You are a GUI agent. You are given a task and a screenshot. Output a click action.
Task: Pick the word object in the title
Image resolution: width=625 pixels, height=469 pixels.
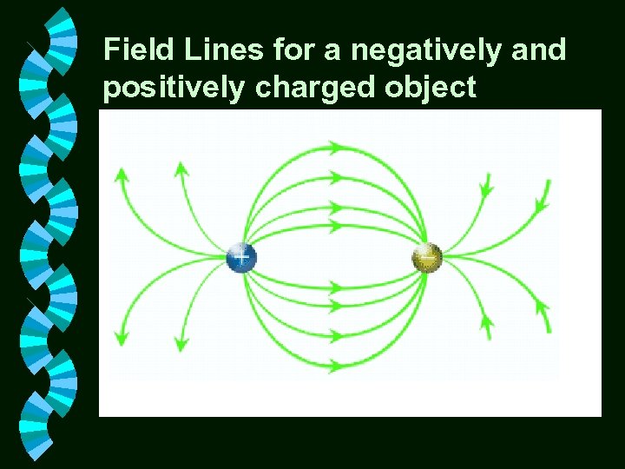click(435, 88)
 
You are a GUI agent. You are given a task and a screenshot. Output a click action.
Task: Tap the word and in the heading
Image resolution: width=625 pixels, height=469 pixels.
click(541, 50)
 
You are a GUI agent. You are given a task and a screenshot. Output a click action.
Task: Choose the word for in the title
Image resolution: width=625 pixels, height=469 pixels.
click(293, 50)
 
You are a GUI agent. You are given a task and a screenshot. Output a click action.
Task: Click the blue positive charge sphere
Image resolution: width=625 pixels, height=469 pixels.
click(241, 257)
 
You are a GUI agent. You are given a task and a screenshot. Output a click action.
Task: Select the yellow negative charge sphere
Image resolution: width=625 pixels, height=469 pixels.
click(427, 257)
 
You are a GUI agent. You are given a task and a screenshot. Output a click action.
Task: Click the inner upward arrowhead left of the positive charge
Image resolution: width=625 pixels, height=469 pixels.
click(181, 168)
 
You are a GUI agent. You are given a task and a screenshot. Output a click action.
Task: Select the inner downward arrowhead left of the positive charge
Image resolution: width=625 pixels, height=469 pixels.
click(181, 342)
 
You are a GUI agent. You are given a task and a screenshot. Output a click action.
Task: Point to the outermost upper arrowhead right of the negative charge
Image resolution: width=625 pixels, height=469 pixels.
click(545, 206)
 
